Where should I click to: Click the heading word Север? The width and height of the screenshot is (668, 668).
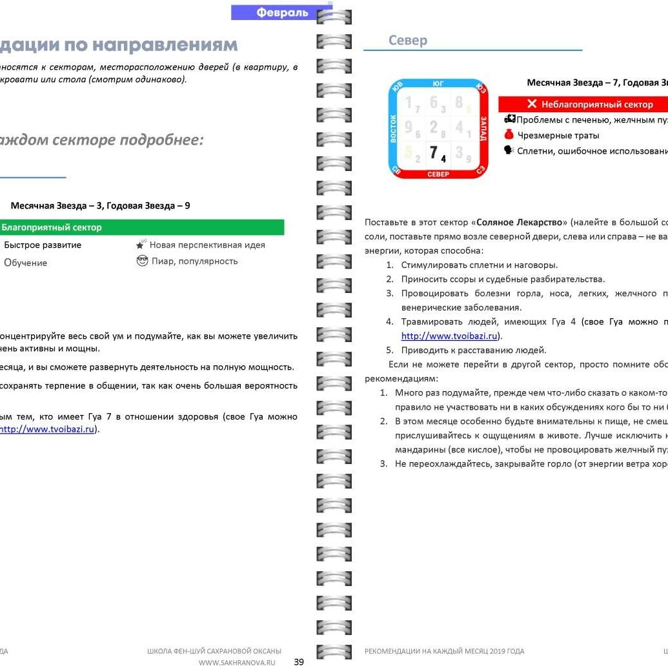tap(408, 41)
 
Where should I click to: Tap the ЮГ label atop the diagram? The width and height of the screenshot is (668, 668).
tap(438, 83)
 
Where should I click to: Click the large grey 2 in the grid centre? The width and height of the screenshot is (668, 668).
tap(434, 127)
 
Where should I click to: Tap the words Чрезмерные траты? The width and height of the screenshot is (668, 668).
tap(549, 136)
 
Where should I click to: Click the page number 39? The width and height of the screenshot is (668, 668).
tap(299, 662)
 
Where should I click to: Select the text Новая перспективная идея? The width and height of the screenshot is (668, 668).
tap(207, 245)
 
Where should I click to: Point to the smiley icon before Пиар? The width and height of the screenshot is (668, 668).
tap(143, 261)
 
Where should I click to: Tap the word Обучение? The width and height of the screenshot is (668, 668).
tap(26, 263)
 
